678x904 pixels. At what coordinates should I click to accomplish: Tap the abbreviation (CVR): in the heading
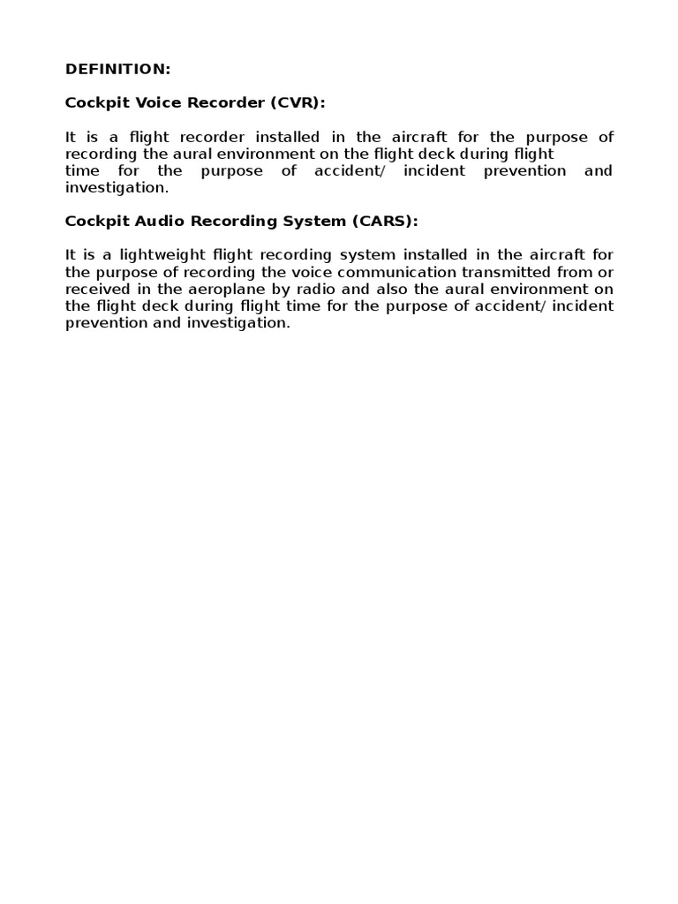pos(298,102)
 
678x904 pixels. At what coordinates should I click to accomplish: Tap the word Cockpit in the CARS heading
pos(92,221)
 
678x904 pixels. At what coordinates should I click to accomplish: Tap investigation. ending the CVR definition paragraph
pos(117,187)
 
